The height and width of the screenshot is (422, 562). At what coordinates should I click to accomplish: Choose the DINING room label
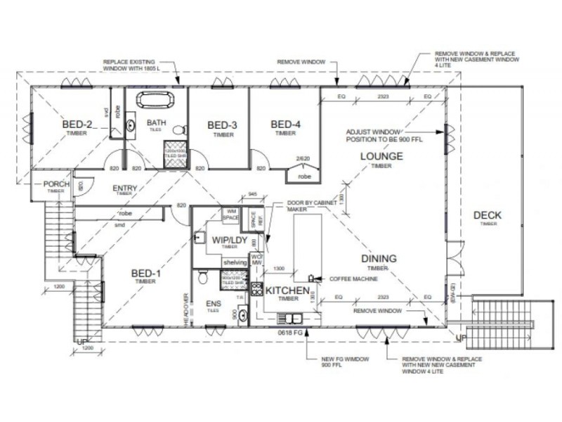[x=379, y=259]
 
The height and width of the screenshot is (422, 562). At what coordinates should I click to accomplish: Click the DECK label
[x=487, y=215]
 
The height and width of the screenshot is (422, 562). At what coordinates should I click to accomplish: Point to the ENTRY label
[x=124, y=188]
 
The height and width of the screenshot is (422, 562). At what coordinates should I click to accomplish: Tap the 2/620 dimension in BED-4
[x=303, y=159]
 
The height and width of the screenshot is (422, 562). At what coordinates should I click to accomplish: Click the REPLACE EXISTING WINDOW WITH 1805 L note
[x=133, y=65]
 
